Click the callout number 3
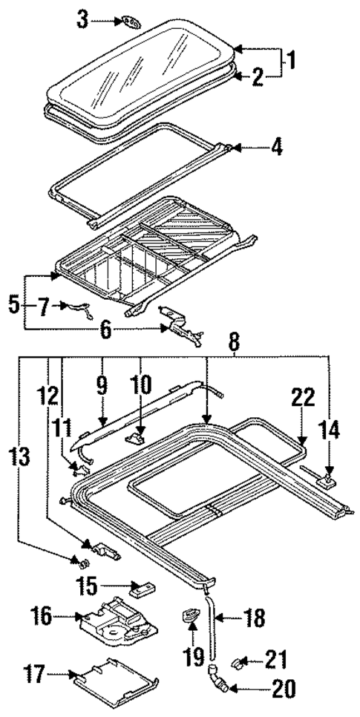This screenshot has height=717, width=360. tap(82, 20)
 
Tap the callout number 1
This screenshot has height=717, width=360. tap(292, 60)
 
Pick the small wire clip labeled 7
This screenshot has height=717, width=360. tap(76, 307)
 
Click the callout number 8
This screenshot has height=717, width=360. tap(235, 344)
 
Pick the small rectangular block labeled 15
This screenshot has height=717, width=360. tap(141, 589)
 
